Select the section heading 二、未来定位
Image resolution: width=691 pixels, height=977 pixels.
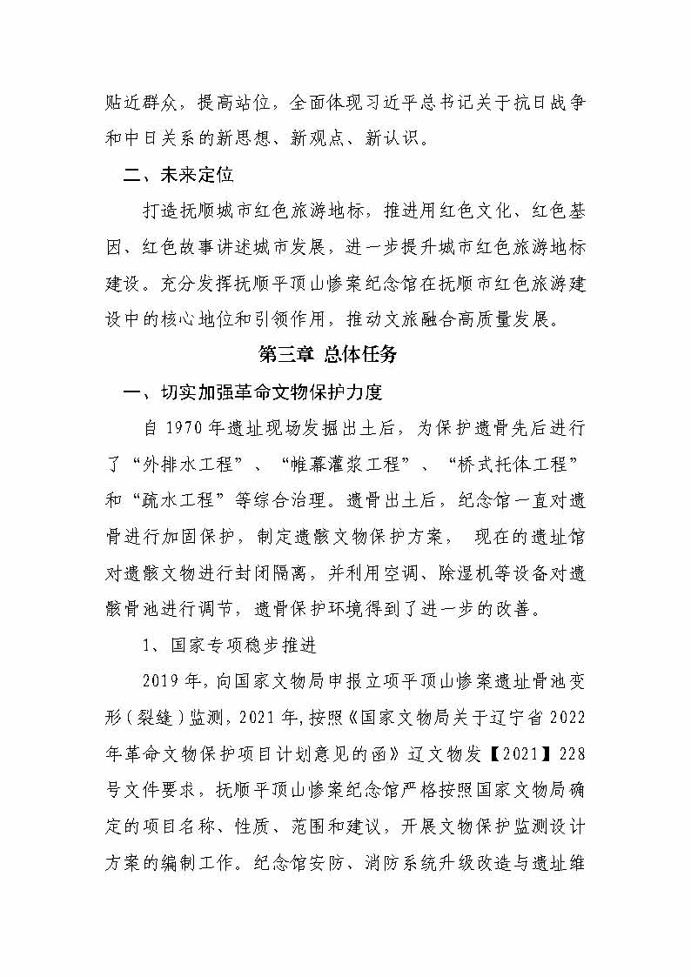(x=178, y=175)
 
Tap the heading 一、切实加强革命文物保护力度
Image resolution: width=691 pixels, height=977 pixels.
(x=253, y=392)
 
